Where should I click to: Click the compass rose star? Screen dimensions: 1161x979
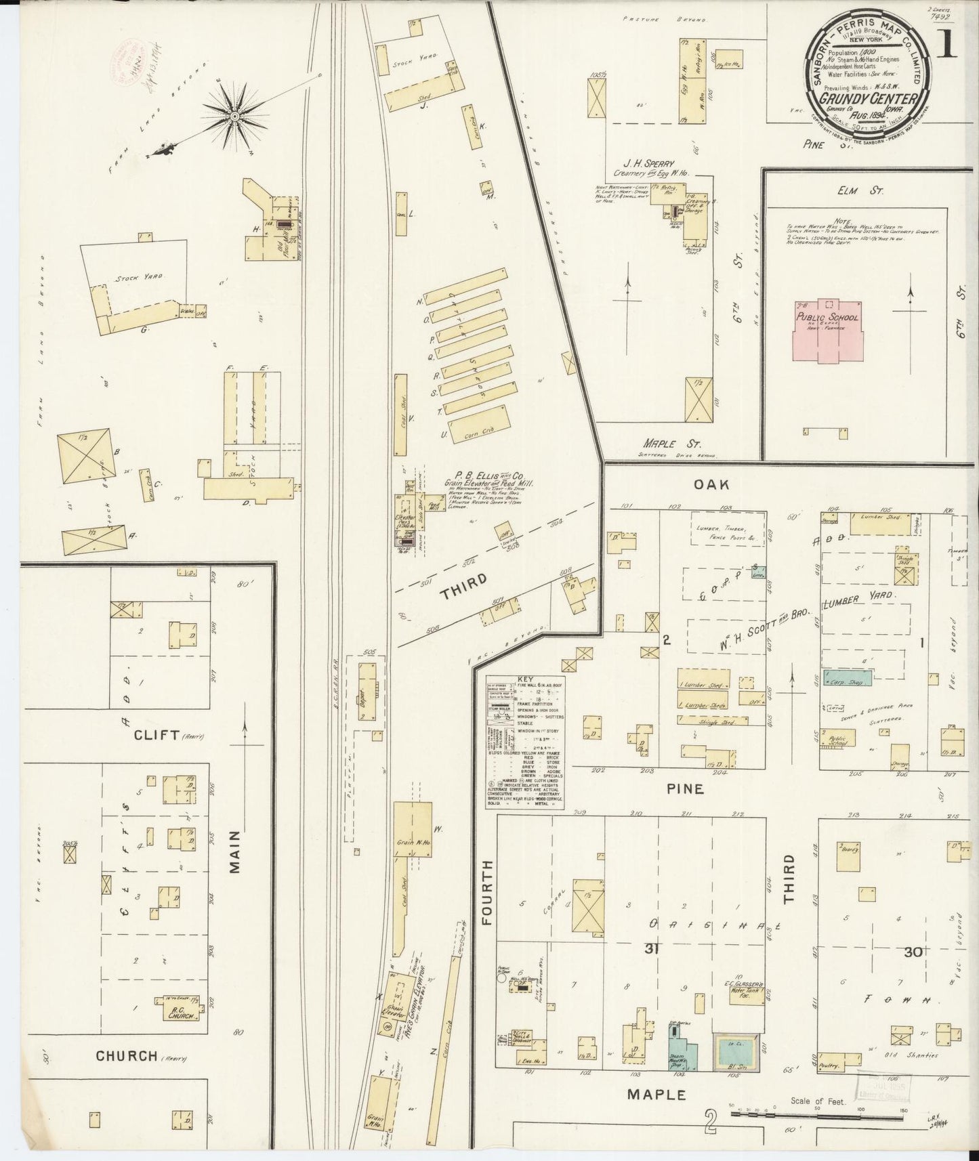234,117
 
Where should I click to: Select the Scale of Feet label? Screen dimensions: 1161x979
818,1101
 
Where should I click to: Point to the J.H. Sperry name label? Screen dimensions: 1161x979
648,164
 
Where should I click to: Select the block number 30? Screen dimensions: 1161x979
912,952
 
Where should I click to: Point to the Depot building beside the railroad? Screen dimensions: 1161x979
367,691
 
